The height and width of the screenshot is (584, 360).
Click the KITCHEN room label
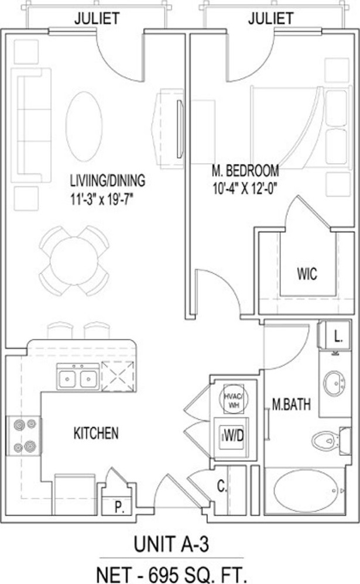pyautogui.click(x=96, y=433)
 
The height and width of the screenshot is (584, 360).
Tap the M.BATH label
pyautogui.click(x=292, y=404)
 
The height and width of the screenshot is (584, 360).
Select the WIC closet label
pyautogui.click(x=307, y=274)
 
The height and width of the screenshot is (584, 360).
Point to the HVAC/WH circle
pyautogui.click(x=234, y=399)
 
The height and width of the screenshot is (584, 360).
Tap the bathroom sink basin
pyautogui.click(x=334, y=383)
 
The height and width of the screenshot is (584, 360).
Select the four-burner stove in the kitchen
pyautogui.click(x=25, y=435)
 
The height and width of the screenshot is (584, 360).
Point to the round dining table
pyautogui.click(x=74, y=261)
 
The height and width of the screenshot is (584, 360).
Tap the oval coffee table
pyautogui.click(x=84, y=126)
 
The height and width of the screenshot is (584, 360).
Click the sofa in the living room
pyautogui.click(x=31, y=125)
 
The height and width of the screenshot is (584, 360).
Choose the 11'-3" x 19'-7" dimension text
pyautogui.click(x=102, y=200)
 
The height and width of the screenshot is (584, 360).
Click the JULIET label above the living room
pyautogui.click(x=97, y=18)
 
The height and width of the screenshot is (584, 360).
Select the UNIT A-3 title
pyautogui.click(x=171, y=545)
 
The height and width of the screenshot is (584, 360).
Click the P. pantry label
pyautogui.click(x=119, y=507)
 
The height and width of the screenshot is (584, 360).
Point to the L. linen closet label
pyautogui.click(x=338, y=338)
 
